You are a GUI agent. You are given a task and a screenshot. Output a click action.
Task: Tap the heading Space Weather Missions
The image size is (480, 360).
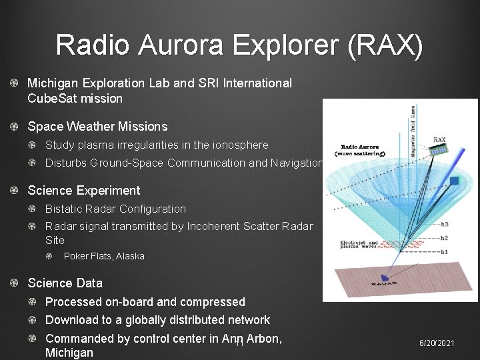[97, 126]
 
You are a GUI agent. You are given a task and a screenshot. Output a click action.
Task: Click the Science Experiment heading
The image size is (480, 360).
[83, 191]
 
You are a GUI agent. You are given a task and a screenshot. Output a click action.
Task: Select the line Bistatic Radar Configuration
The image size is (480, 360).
[115, 209]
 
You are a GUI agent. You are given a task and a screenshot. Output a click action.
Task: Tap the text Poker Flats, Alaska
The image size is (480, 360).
[104, 256]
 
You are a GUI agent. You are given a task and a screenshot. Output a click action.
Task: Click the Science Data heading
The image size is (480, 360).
[65, 283]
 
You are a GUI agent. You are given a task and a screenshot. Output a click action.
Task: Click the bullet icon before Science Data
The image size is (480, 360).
[14, 283]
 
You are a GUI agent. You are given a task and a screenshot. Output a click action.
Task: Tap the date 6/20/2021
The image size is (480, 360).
[437, 343]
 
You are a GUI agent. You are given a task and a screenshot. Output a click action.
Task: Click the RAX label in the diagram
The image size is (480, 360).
[439, 140]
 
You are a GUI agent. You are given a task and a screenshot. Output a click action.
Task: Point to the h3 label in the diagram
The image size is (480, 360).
[445, 224]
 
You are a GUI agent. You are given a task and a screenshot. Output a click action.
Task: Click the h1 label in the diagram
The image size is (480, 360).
[445, 251]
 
